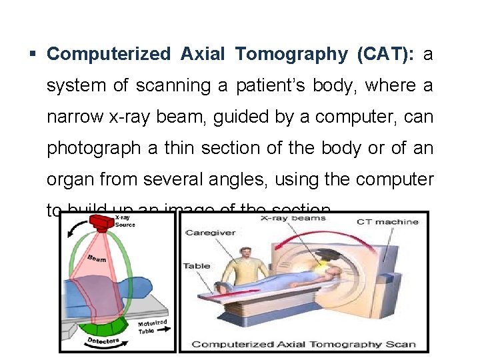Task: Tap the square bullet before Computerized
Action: (33, 53)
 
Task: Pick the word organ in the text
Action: (69, 179)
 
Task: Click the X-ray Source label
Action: (125, 221)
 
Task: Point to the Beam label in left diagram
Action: (97, 258)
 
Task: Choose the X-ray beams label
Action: (293, 217)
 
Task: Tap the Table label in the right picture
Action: (197, 266)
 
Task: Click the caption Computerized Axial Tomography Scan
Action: (303, 344)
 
